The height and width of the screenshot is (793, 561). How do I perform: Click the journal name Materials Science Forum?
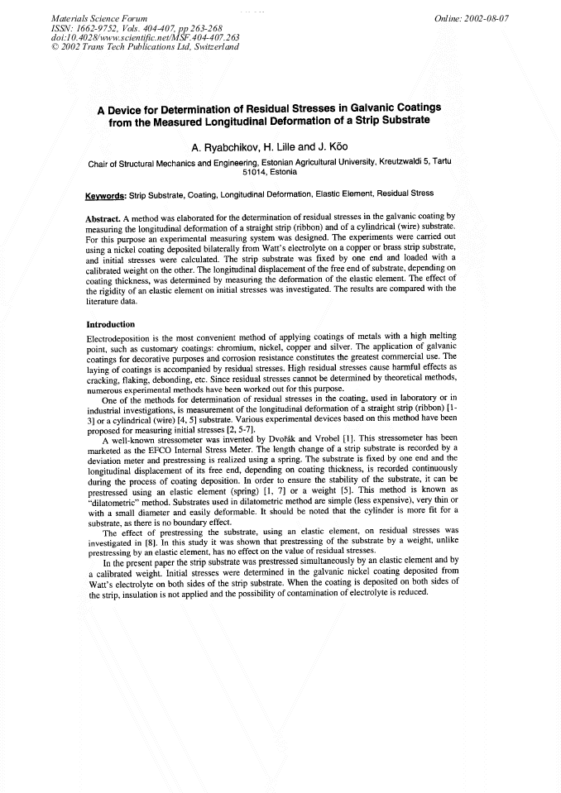(89, 17)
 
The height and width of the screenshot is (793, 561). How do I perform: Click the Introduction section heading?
(111, 324)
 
